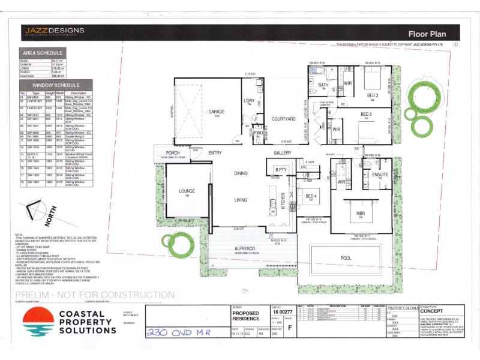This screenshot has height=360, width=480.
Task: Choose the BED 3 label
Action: (373, 95)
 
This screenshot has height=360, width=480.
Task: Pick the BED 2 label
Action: (367, 114)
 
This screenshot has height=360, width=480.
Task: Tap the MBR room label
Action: (362, 214)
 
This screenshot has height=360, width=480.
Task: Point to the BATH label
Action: (323, 85)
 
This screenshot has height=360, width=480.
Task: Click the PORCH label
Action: (173, 153)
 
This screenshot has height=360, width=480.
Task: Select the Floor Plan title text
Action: (425, 34)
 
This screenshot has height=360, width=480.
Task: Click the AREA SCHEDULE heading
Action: (41, 53)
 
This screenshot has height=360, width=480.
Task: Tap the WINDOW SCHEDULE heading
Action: (44, 86)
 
